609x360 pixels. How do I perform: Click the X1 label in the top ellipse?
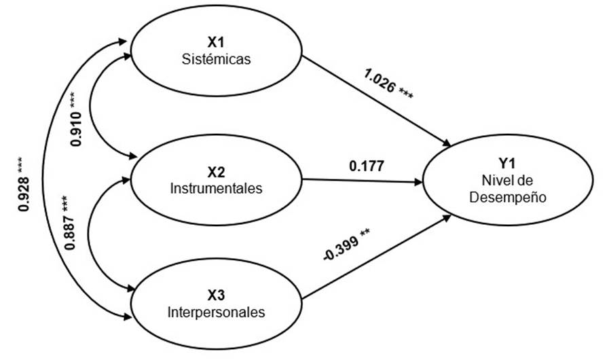(217, 42)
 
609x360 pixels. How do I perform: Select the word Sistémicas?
(217, 58)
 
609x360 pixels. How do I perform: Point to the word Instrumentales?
(217, 189)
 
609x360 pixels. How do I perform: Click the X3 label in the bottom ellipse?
(217, 295)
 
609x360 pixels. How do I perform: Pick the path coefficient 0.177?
(367, 165)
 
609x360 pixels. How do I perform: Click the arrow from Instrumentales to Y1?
(360, 181)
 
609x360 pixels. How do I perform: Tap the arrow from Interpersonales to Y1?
(377, 257)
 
